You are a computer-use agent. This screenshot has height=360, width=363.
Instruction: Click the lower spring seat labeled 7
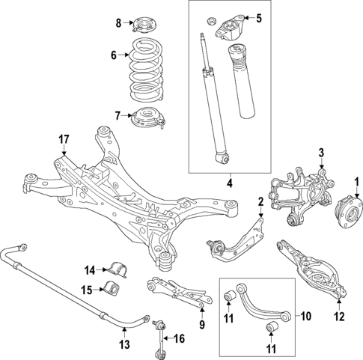[x=148, y=119]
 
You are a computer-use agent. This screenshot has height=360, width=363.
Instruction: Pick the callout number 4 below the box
[x=231, y=183]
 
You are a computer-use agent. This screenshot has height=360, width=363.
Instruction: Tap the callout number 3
[x=321, y=153]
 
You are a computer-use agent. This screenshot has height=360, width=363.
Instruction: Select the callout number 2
[x=260, y=201]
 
